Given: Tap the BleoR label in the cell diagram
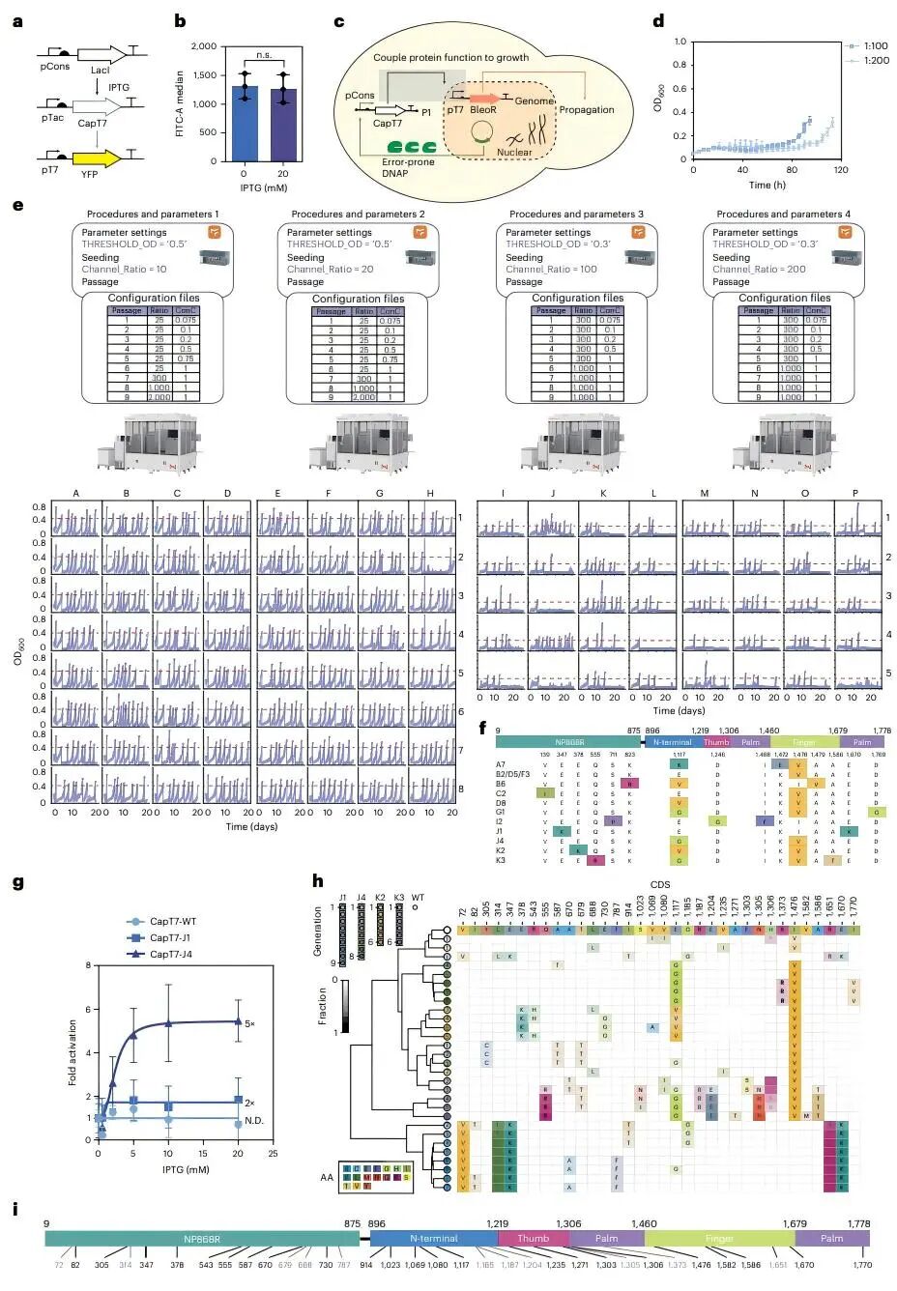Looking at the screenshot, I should (x=484, y=111).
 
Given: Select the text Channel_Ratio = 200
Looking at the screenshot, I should (x=759, y=270).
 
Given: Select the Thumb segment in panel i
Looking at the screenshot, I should (x=533, y=1238).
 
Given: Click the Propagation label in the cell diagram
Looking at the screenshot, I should (x=587, y=110).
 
